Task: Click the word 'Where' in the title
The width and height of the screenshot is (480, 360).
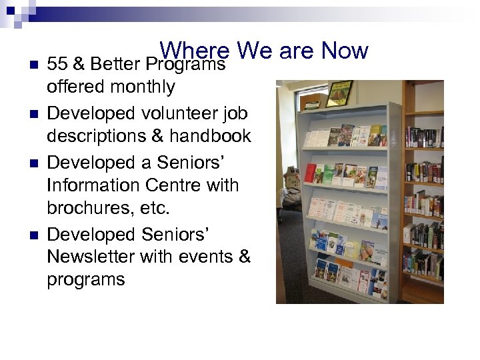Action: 194,51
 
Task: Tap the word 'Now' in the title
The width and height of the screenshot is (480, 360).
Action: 344,51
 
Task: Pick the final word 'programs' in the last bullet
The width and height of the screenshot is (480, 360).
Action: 85,279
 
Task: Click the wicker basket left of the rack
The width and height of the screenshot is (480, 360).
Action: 291,179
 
